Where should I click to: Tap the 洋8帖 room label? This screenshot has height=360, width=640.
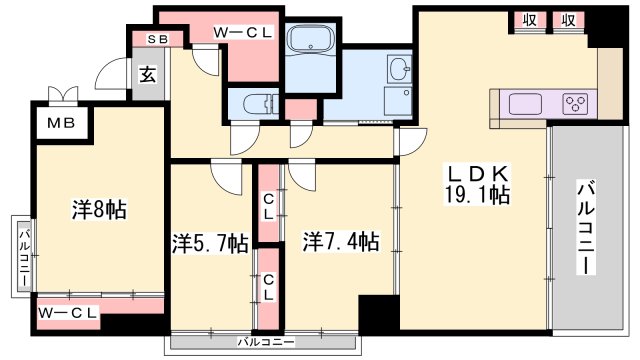coord(98,211)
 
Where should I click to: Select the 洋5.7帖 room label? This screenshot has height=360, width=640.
coord(209,242)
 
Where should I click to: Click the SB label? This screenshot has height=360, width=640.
coord(158,39)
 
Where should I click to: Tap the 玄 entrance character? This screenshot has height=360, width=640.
coord(147,75)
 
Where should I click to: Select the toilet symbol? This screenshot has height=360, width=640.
coord(257,104)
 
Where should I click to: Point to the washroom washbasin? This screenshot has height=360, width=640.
coord(399,69)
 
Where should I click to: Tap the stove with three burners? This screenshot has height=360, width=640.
coord(574,102)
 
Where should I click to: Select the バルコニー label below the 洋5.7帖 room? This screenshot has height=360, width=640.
coord(263,342)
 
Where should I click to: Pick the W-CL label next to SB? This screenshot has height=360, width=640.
coord(243,32)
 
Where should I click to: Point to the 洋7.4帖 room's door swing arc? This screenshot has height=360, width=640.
coord(301,178)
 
